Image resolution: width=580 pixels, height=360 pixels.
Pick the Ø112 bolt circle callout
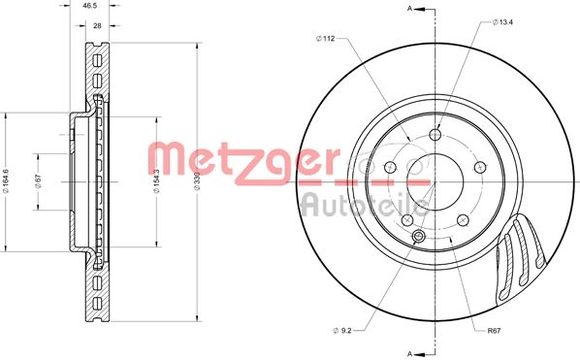[325, 40]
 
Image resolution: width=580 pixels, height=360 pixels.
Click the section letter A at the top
[410, 10]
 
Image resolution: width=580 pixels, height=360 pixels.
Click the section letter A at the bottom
[410, 351]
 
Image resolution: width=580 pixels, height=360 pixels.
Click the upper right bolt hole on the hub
[477, 168]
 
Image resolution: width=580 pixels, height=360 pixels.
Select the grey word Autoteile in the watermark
[364, 202]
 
